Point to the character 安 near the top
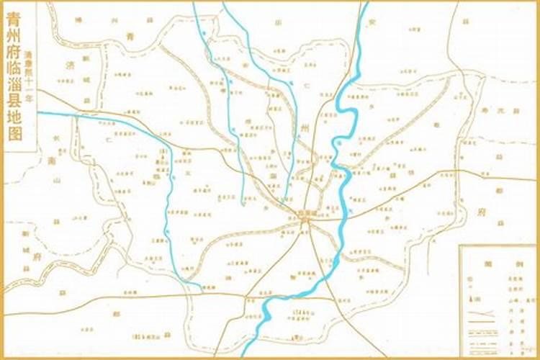[x=372, y=22]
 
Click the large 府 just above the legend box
[x=481, y=212]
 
